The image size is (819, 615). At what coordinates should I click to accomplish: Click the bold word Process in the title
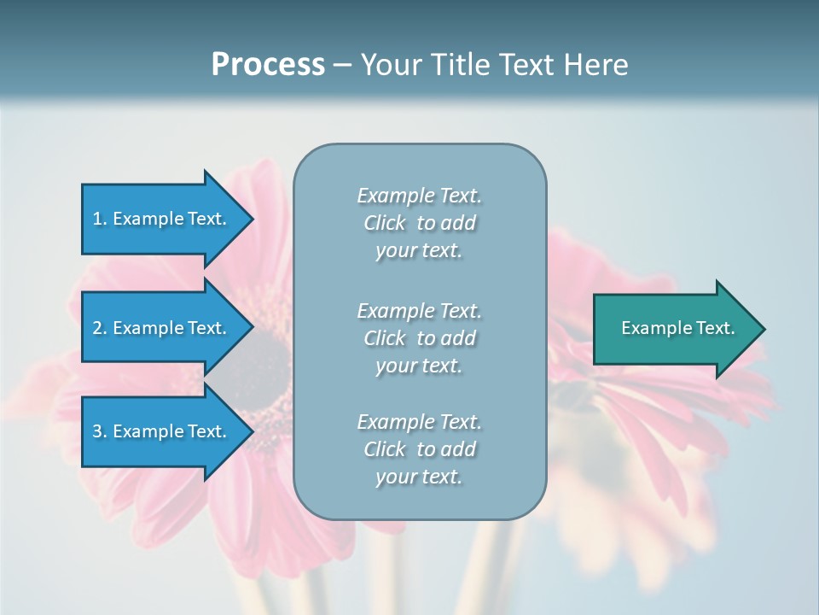[268, 65]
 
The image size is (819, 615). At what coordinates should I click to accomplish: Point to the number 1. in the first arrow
[100, 219]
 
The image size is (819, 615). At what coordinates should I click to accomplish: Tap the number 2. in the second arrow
[100, 328]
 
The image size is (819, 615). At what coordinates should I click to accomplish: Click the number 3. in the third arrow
[100, 431]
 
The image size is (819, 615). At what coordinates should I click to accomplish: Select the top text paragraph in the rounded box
[419, 223]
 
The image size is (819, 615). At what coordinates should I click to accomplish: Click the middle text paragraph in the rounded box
[419, 337]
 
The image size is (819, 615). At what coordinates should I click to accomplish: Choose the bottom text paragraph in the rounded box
[419, 449]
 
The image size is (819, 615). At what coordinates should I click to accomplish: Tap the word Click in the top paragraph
[384, 223]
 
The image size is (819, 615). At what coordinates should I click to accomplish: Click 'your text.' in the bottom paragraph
[419, 477]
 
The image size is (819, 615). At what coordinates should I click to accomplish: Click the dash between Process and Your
[342, 65]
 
